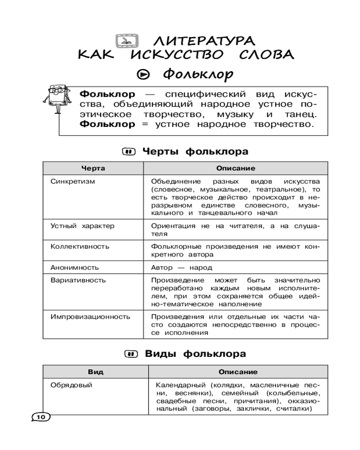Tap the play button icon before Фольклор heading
point(142,74)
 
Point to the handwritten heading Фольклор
point(199,73)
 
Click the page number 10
point(40,417)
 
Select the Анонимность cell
point(74,267)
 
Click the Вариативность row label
point(78,280)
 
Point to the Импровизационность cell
point(90,316)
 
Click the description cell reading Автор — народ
point(181,267)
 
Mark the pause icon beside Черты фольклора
point(129,152)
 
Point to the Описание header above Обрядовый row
point(238,372)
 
